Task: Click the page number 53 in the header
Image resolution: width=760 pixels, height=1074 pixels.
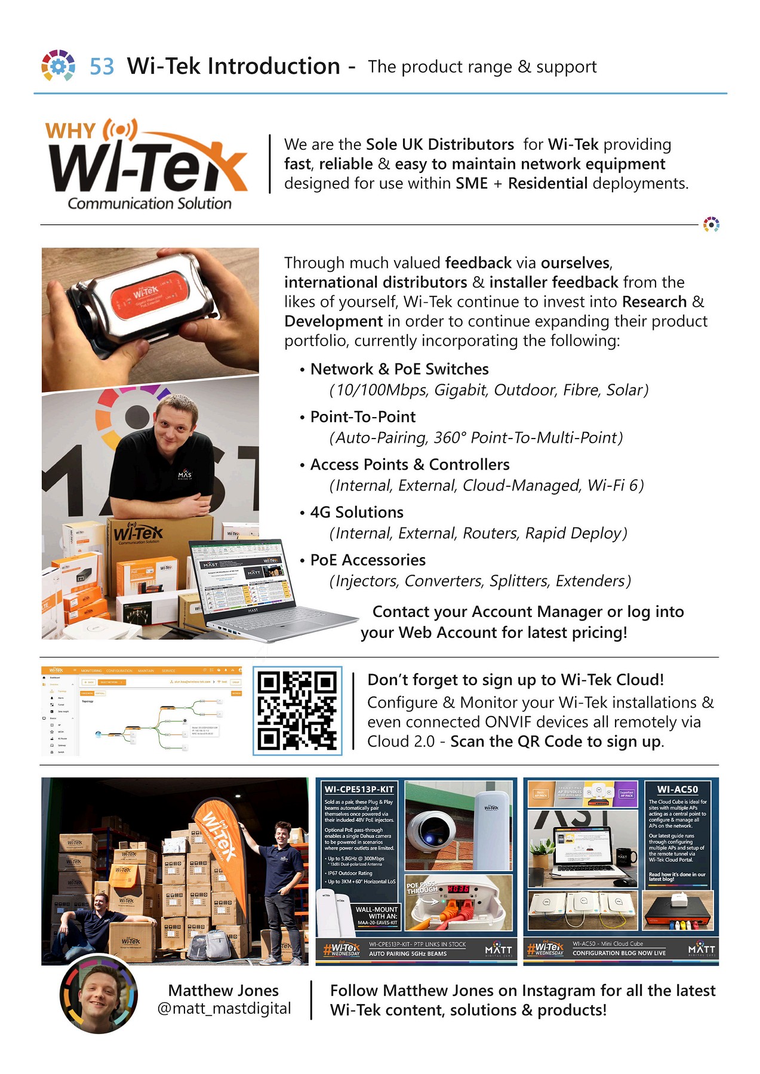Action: (101, 66)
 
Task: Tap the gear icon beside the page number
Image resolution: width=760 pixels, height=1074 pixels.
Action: (58, 66)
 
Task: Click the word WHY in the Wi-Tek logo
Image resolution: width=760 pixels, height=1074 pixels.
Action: (70, 131)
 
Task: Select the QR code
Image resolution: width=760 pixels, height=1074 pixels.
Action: (297, 711)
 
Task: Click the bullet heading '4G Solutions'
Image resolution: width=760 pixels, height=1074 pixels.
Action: (356, 512)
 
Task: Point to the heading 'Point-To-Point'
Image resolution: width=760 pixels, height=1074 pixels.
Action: (362, 416)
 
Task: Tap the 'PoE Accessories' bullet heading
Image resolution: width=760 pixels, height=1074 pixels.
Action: (368, 560)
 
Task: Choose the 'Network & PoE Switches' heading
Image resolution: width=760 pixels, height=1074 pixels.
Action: (399, 369)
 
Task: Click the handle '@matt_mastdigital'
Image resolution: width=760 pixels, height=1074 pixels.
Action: (224, 1008)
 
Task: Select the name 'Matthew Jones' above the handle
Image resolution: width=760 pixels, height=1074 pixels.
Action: (223, 990)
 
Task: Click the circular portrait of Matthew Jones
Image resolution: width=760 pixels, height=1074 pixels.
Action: (99, 994)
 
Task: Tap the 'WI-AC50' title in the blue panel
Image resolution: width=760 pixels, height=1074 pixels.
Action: (677, 789)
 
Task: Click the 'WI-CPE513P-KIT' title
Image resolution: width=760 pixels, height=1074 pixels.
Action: (359, 789)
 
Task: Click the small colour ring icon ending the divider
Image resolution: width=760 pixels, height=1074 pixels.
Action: (710, 224)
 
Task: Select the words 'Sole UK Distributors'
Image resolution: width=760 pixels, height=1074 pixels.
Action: (439, 144)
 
